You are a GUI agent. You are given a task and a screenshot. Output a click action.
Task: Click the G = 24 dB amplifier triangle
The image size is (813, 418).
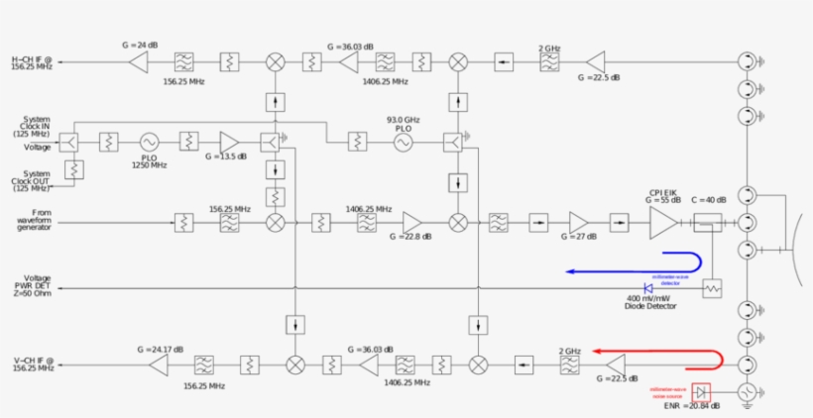pyautogui.click(x=138, y=62)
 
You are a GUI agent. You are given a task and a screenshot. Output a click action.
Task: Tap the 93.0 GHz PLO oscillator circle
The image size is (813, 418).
pyautogui.click(x=404, y=143)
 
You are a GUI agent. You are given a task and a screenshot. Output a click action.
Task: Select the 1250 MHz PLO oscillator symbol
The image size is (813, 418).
pyautogui.click(x=150, y=143)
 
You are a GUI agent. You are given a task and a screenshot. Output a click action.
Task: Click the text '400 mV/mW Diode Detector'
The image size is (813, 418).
pyautogui.click(x=650, y=302)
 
